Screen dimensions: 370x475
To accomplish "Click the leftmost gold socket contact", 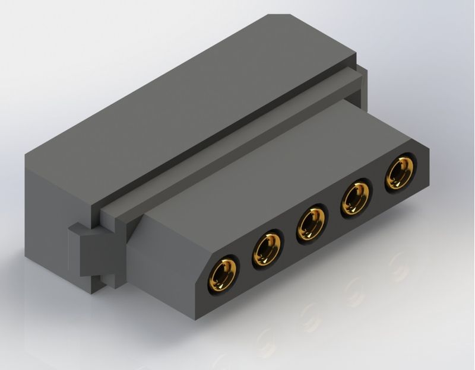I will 222,275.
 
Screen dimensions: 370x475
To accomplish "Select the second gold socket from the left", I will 267,250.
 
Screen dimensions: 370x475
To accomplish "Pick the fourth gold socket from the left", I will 355,199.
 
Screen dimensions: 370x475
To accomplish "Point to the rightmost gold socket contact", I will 399,173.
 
